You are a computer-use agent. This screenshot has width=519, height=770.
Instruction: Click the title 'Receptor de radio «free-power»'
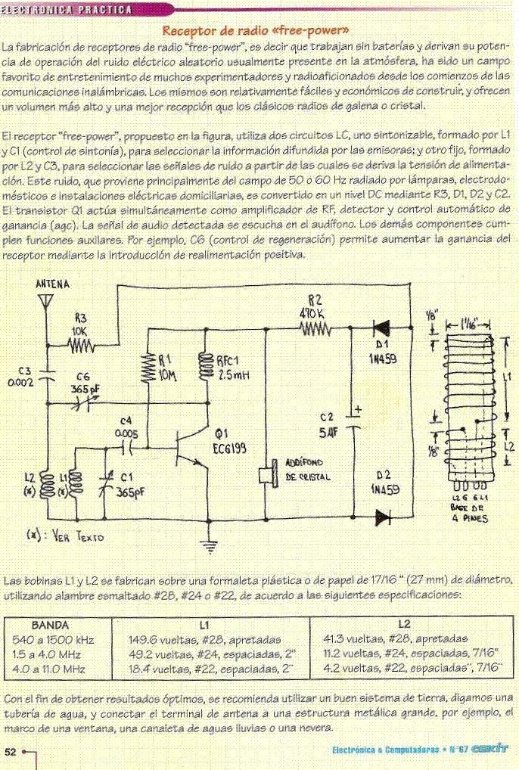(x=255, y=31)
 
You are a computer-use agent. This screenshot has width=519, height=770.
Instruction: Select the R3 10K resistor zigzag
(x=81, y=346)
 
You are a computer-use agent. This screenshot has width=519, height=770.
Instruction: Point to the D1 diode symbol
(x=381, y=328)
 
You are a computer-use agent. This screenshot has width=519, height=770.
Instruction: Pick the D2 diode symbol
(x=383, y=517)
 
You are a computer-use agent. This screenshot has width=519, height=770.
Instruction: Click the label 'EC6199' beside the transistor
(x=229, y=449)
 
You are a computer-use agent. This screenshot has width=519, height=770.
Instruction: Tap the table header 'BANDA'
(x=50, y=625)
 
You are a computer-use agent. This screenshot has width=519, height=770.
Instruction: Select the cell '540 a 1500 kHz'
(x=53, y=640)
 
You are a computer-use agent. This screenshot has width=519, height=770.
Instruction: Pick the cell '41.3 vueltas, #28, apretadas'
(x=395, y=639)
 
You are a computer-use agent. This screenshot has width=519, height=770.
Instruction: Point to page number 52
(x=11, y=752)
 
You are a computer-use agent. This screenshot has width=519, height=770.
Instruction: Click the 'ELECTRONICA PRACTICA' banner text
(x=67, y=10)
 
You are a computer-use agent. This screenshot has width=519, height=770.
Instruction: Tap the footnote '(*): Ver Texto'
(x=65, y=536)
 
